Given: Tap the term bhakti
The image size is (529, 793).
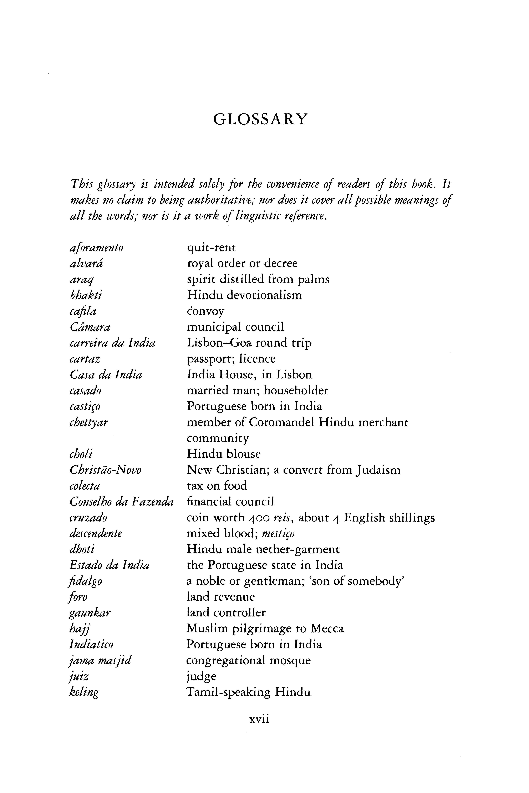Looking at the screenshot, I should (86, 295).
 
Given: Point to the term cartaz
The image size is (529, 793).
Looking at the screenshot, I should (85, 359).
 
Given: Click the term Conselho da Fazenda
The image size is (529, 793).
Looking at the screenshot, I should (121, 502).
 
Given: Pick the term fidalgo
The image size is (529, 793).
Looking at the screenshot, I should (86, 581).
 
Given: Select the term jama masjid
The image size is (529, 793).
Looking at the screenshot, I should (100, 660).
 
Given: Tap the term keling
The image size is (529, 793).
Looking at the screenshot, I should (84, 692).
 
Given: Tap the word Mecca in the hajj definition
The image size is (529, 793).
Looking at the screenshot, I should (327, 629).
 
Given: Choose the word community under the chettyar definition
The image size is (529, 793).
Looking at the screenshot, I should (218, 438).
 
